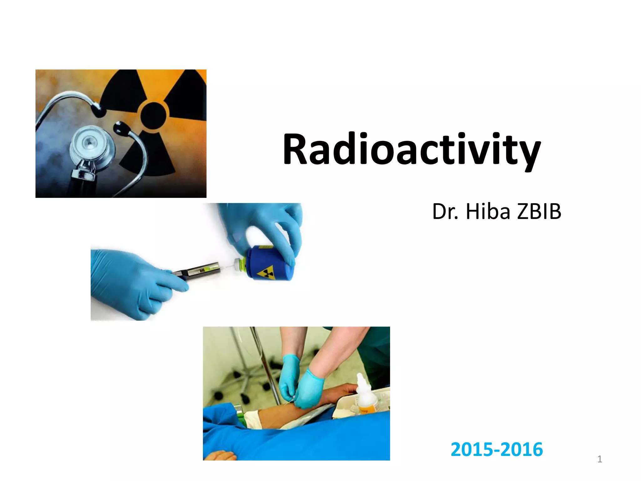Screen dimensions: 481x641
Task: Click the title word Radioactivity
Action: point(412,150)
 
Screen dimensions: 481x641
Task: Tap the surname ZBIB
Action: point(539,211)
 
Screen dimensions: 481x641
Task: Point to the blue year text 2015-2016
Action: point(497,449)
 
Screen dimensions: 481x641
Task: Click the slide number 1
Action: point(599,459)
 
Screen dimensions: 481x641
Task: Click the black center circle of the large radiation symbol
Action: point(153,115)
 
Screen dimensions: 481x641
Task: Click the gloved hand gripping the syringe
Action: point(135,282)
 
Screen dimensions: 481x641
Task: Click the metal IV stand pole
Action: point(266,366)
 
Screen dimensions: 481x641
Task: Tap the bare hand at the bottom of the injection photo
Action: point(219,455)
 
